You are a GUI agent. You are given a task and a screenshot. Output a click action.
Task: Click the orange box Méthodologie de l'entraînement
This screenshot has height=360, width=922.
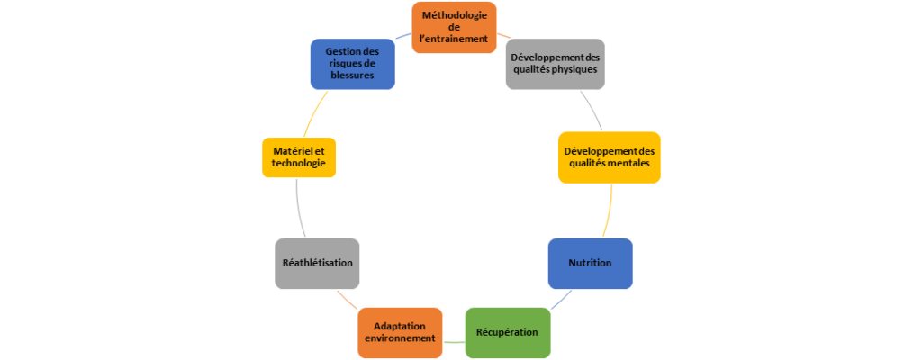[x=455, y=26]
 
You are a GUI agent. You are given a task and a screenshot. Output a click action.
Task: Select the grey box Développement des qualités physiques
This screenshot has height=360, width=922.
[x=553, y=63]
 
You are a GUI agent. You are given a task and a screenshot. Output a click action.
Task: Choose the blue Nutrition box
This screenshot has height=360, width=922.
[x=590, y=263]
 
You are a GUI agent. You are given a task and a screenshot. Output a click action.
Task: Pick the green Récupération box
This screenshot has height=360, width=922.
[x=507, y=332]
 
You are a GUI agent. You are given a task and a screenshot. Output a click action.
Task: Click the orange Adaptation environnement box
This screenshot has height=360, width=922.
[x=400, y=331]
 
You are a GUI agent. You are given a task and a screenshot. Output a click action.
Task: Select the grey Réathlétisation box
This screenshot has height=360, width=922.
[x=317, y=263]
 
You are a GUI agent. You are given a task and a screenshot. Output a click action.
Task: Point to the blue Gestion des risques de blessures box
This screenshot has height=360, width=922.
[x=352, y=63]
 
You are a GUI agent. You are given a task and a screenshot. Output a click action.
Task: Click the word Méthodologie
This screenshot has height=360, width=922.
[x=455, y=15]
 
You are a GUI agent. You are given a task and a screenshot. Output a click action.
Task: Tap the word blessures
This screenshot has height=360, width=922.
[x=352, y=75]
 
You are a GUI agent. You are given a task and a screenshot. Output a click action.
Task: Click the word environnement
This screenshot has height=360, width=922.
[x=400, y=337]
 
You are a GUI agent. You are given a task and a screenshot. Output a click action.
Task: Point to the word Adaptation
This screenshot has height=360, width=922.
[x=400, y=325]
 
